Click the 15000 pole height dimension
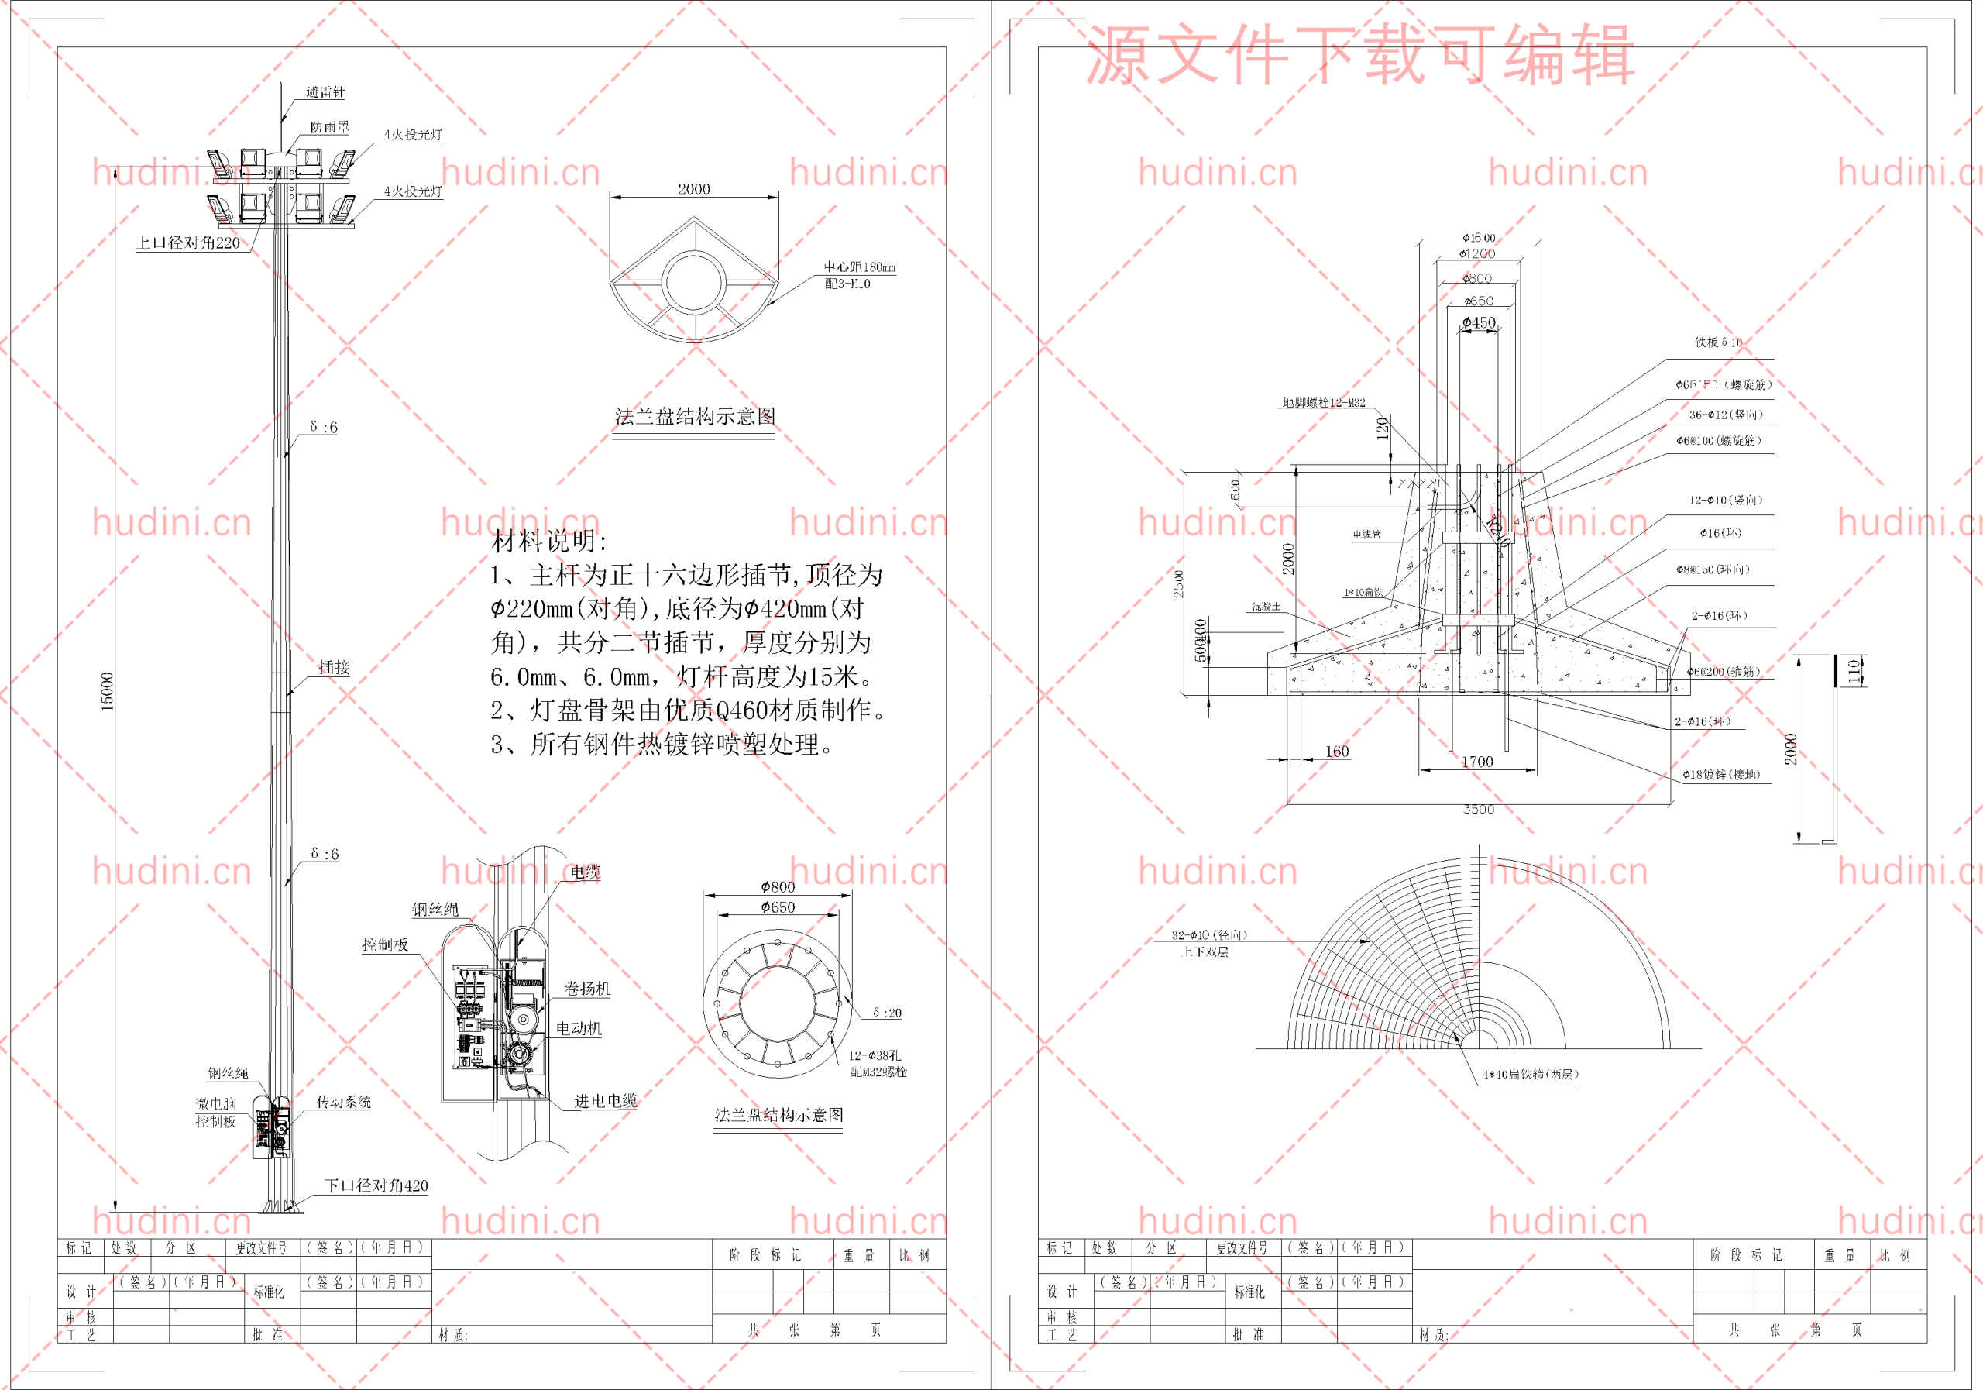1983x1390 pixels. click(107, 691)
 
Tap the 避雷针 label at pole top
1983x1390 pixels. click(325, 92)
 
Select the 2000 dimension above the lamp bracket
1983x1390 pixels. click(693, 189)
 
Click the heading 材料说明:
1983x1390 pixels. click(549, 542)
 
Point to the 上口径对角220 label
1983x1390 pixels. click(188, 243)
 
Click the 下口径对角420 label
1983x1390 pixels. click(376, 1185)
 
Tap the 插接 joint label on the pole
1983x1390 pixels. click(334, 667)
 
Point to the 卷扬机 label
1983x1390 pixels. click(587, 989)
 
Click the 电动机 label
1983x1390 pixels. click(579, 1028)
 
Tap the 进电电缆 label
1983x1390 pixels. click(606, 1100)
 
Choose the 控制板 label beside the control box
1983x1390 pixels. click(384, 944)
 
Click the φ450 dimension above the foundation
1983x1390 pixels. click(1479, 323)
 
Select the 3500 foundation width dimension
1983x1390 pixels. click(1479, 810)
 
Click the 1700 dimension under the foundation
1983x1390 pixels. click(1477, 761)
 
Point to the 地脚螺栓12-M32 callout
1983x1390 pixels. click(1323, 403)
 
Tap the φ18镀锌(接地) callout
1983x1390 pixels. click(1720, 775)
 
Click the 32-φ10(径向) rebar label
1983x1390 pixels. click(1209, 934)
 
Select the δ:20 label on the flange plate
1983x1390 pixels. click(887, 1013)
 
